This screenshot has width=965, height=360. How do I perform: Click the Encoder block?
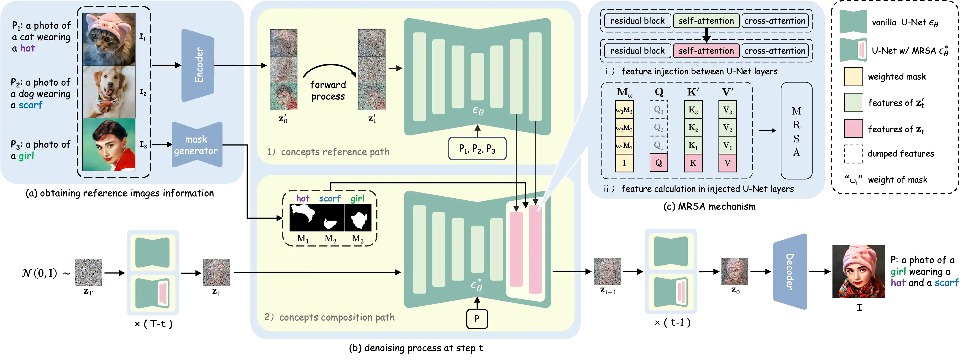(x=198, y=65)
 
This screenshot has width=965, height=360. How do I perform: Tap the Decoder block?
(x=790, y=272)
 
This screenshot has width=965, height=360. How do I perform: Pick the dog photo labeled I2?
(x=109, y=92)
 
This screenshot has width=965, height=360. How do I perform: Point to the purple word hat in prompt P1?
(x=27, y=48)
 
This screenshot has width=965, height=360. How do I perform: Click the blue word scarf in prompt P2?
(x=30, y=105)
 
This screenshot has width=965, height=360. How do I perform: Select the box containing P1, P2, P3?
(x=477, y=149)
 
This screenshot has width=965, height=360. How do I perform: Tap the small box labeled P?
(x=477, y=319)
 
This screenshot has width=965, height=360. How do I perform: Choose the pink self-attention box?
(x=706, y=51)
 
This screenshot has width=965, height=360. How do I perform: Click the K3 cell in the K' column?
(x=693, y=110)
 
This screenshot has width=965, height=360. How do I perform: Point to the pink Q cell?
(x=659, y=163)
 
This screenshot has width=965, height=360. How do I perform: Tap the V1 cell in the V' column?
(x=727, y=145)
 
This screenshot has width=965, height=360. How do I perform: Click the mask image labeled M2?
(x=331, y=218)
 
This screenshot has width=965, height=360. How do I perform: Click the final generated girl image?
(x=859, y=271)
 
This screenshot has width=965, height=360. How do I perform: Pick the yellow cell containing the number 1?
(x=624, y=163)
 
